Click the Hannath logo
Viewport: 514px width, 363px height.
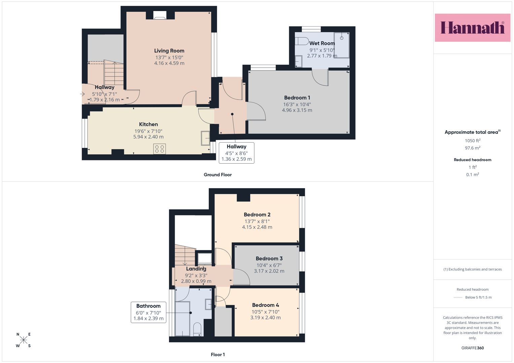(473, 28)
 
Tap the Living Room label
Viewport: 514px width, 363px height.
(169, 51)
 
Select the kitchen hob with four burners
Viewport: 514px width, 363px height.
(160, 149)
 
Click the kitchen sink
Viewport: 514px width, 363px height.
(205, 138)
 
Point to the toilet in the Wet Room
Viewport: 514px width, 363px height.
(302, 41)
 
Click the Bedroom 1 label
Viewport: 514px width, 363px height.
(297, 97)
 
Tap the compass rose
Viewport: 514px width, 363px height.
(24, 340)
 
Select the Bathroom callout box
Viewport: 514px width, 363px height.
(148, 312)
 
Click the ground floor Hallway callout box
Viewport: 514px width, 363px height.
(237, 153)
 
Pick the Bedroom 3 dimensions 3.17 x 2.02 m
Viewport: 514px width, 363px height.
(269, 271)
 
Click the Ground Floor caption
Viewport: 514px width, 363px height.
(217, 175)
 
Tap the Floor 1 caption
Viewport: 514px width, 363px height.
(218, 355)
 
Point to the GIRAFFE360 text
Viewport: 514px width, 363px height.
(473, 348)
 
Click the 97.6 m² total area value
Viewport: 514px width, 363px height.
(473, 148)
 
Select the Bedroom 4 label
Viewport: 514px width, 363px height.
(266, 305)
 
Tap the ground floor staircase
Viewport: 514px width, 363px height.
(114, 73)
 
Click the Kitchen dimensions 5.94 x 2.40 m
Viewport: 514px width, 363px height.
(148, 137)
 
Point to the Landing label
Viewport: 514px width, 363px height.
(196, 269)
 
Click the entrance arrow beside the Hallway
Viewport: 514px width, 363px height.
(82, 94)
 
